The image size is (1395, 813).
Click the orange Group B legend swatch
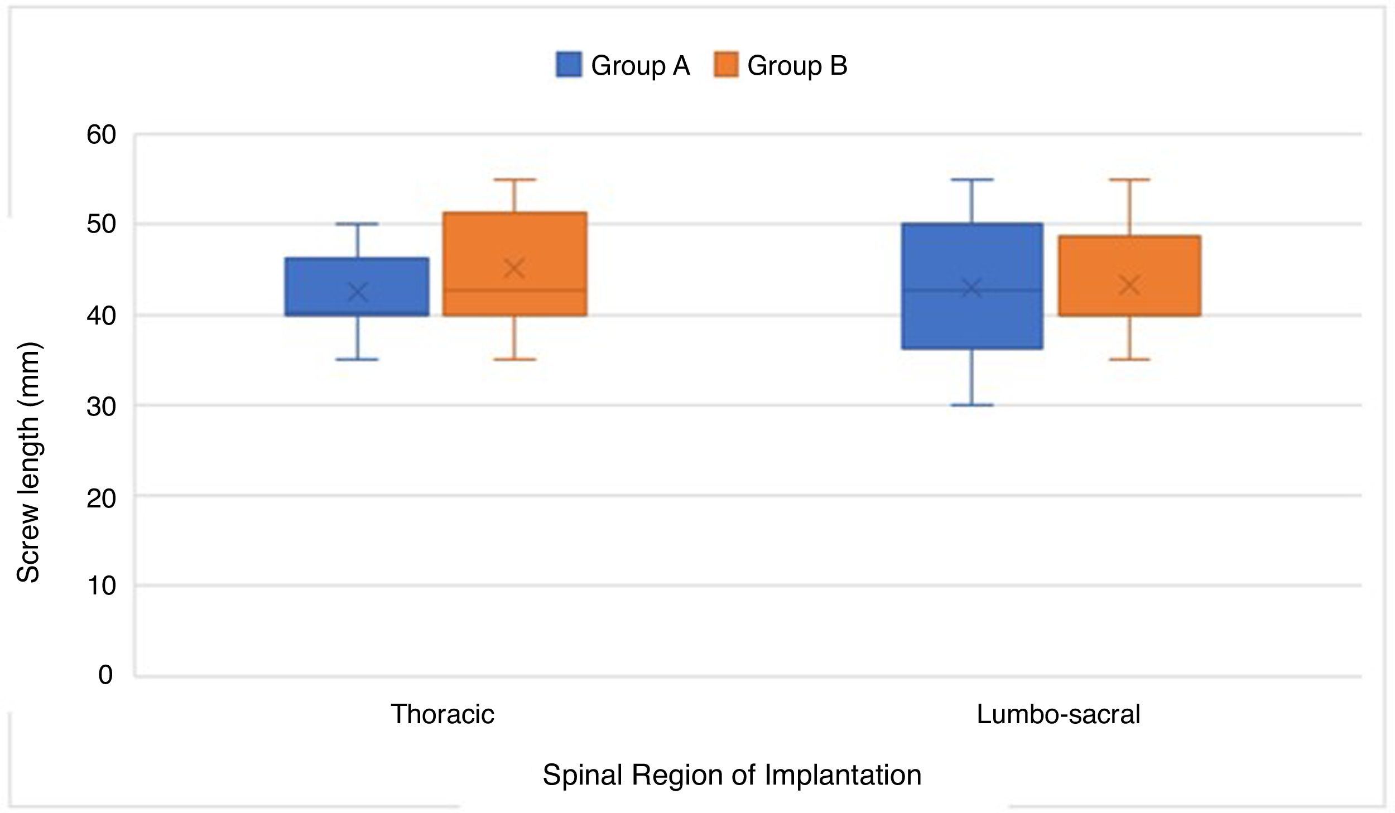(x=725, y=65)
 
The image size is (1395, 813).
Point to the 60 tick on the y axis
(x=101, y=135)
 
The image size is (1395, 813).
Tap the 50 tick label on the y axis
(x=101, y=225)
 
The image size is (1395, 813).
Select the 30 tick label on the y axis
(x=101, y=406)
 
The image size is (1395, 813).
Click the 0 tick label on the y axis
(x=105, y=675)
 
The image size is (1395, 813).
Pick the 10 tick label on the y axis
(x=101, y=586)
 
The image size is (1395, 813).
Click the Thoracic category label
(x=442, y=714)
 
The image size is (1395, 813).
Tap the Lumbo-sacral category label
(x=1058, y=714)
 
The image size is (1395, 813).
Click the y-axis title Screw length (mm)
(x=28, y=462)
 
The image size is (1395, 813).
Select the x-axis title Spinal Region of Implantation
(x=732, y=775)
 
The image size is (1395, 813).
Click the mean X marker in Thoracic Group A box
(x=358, y=292)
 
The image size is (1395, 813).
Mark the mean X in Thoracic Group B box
(x=514, y=269)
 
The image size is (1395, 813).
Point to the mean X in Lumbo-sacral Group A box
(x=972, y=289)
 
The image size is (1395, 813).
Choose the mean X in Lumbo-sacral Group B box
(x=1129, y=285)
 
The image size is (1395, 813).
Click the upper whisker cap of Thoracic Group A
(x=358, y=224)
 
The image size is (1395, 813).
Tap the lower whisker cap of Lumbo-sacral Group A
(x=972, y=405)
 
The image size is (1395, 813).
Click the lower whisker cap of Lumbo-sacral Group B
(x=1129, y=360)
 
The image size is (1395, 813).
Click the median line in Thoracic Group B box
(x=547, y=290)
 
